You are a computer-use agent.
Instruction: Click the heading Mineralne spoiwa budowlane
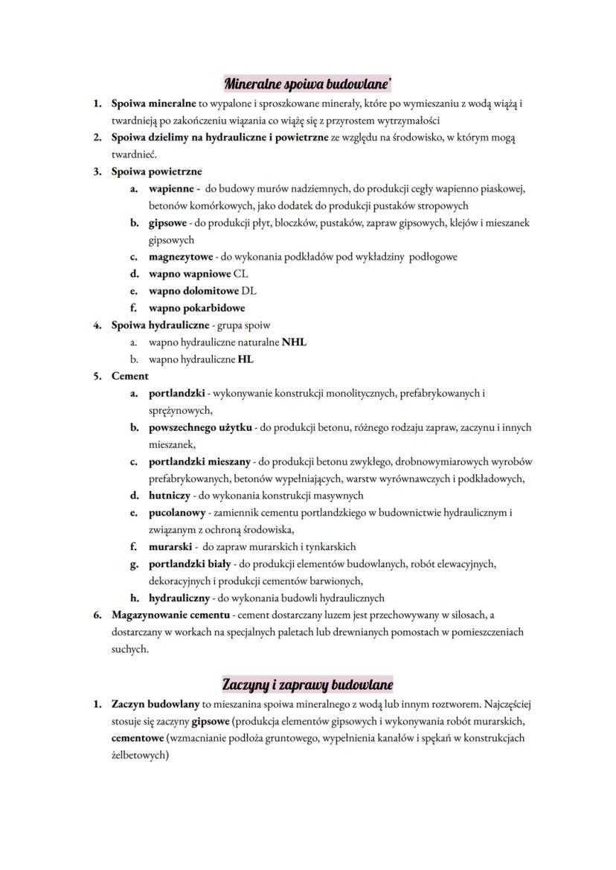click(308, 83)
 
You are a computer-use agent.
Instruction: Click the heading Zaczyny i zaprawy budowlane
click(308, 683)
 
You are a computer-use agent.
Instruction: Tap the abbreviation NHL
click(294, 342)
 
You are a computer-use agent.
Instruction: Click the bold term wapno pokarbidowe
click(196, 308)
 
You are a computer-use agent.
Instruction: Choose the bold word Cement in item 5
click(129, 377)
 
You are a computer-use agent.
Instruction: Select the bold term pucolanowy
click(176, 513)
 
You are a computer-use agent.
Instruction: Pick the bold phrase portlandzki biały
click(190, 564)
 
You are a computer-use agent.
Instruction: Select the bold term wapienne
click(172, 188)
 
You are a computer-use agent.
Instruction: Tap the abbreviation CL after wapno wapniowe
click(240, 274)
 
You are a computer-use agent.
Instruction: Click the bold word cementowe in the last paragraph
click(137, 738)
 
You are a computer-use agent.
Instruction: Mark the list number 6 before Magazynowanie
click(97, 615)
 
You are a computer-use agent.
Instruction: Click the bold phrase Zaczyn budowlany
click(155, 704)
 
